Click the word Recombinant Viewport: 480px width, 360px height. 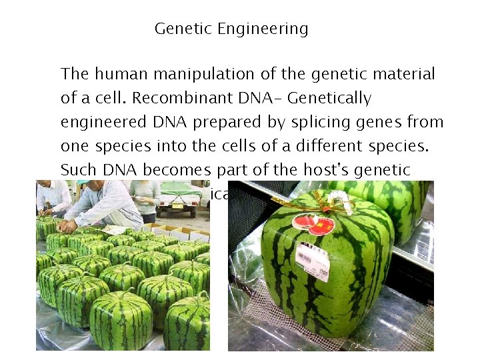coord(183,99)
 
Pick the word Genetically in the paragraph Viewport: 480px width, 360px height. coord(329,99)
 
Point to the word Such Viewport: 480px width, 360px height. coord(79,170)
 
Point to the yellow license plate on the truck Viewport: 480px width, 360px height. coord(179,206)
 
